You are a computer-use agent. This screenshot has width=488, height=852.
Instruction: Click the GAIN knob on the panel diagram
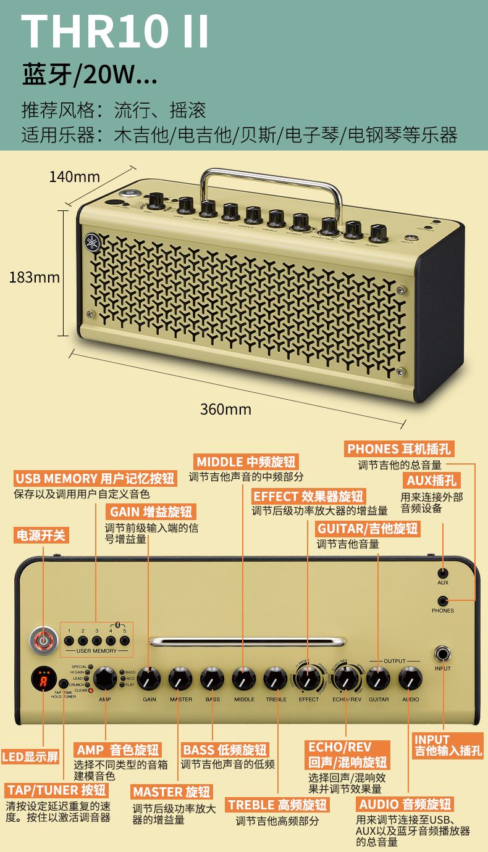coord(149,679)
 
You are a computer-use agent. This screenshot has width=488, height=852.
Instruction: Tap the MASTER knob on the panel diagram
coord(180,679)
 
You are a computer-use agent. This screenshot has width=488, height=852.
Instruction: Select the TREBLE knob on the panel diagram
coord(276,679)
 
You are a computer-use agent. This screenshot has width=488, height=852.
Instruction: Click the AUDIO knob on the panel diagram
coord(410,679)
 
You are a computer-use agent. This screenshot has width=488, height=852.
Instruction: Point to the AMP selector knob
coord(105,677)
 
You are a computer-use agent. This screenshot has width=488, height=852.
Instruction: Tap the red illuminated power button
coord(43,642)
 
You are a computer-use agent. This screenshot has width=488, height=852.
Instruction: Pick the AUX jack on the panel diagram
coord(442,573)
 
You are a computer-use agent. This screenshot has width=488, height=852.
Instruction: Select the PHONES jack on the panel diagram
coord(442,601)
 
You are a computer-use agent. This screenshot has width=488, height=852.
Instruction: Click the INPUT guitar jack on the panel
coord(442,654)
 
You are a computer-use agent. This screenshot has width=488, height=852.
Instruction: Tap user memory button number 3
coord(97,641)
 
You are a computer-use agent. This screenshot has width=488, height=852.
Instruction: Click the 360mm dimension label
coord(225,409)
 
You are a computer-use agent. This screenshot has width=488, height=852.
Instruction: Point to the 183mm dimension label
coord(35,278)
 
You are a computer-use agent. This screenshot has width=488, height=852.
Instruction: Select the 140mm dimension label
coord(74,177)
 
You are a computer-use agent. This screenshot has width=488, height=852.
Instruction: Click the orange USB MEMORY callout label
coord(95,478)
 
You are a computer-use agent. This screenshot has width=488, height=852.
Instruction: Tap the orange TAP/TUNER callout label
coord(57,790)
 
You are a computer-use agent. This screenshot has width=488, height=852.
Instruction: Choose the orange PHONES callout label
coord(398,449)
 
